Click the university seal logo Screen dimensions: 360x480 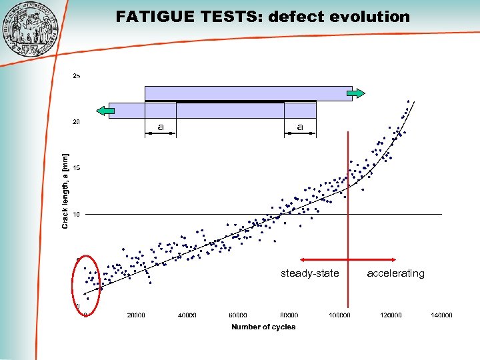click(x=31, y=31)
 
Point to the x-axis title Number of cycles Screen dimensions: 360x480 click(x=263, y=327)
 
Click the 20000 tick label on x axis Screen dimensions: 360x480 click(x=136, y=315)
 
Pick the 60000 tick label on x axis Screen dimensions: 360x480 click(x=238, y=315)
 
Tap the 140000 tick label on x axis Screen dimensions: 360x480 click(x=441, y=315)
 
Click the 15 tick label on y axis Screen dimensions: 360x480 click(x=77, y=168)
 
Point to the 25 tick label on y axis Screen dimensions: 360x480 click(x=77, y=76)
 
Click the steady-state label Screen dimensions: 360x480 click(x=309, y=273)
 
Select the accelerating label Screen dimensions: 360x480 click(x=395, y=273)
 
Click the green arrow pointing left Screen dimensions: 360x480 click(x=103, y=111)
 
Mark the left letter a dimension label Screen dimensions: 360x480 click(x=160, y=127)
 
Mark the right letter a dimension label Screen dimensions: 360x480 click(x=300, y=127)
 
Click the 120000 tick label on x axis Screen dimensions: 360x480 click(x=391, y=315)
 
